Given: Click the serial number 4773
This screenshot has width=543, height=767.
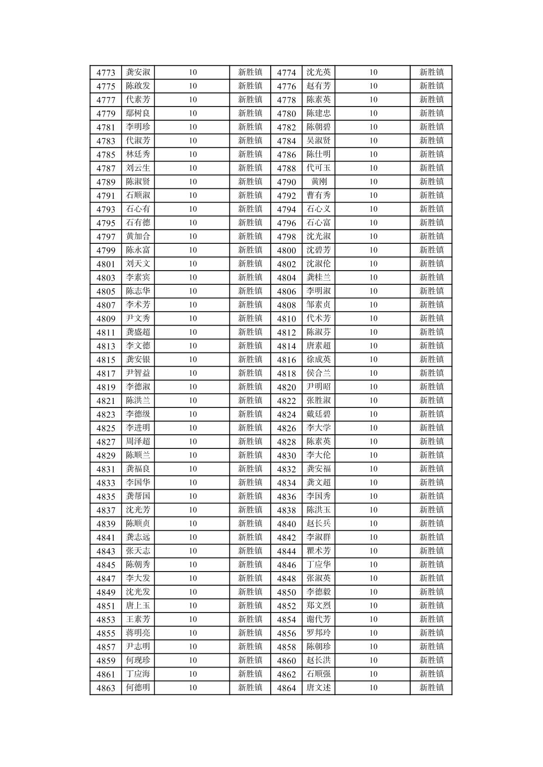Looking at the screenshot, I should click(106, 73).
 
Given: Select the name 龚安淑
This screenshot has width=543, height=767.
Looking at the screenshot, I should click(138, 72).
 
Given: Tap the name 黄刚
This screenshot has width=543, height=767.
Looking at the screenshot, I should click(319, 182).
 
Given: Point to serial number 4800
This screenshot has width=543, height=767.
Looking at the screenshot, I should click(286, 250).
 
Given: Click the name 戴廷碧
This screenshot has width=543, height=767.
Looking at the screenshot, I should click(319, 414).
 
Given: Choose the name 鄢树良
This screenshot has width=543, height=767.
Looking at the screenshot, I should click(138, 113).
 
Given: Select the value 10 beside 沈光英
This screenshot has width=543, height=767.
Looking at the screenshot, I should click(373, 72).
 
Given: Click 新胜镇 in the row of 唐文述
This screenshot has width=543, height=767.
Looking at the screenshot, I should click(431, 687).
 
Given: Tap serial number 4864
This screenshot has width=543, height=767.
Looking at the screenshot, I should click(286, 688).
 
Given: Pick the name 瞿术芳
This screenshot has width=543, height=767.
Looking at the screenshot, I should click(319, 551).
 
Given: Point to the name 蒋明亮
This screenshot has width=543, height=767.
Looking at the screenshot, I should click(138, 633).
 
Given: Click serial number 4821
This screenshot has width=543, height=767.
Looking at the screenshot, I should click(106, 401).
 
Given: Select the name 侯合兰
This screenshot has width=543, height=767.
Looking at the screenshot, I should click(319, 373).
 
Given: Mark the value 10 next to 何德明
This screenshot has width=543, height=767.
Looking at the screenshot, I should click(192, 687).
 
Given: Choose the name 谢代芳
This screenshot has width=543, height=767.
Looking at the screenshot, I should click(319, 619).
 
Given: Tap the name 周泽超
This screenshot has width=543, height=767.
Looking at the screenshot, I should click(138, 441).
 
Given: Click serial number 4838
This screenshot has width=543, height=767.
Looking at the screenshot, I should click(286, 510).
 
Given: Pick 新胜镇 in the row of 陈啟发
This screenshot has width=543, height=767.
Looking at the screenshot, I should click(250, 86).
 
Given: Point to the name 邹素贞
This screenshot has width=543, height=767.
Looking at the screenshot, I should click(319, 304).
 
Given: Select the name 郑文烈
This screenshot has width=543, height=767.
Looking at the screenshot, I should click(319, 605).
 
